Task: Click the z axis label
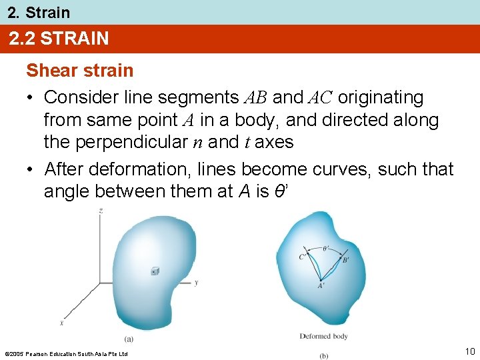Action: coord(100,211)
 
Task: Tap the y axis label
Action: coord(195,283)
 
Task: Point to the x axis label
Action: coord(61,323)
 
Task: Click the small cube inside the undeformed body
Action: coord(155,271)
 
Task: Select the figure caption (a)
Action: coord(129,339)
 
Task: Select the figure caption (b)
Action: coord(324,355)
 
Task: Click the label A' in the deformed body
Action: coord(321,286)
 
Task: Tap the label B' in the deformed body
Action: coord(345,260)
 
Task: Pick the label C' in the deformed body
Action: coord(302,255)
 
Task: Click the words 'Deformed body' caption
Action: coord(323,337)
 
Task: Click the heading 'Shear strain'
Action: coord(79,70)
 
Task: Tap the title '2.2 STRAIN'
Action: coord(59,39)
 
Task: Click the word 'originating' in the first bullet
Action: coord(381,97)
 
